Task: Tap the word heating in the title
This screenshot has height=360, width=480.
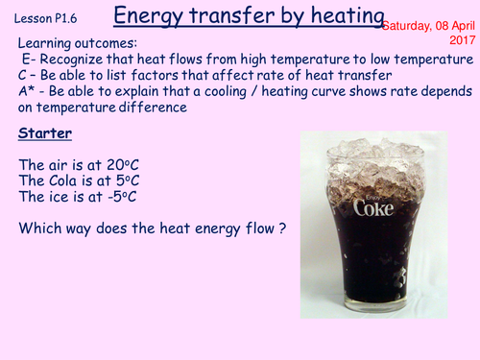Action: (x=345, y=16)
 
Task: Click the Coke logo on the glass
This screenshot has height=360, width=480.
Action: (x=373, y=206)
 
